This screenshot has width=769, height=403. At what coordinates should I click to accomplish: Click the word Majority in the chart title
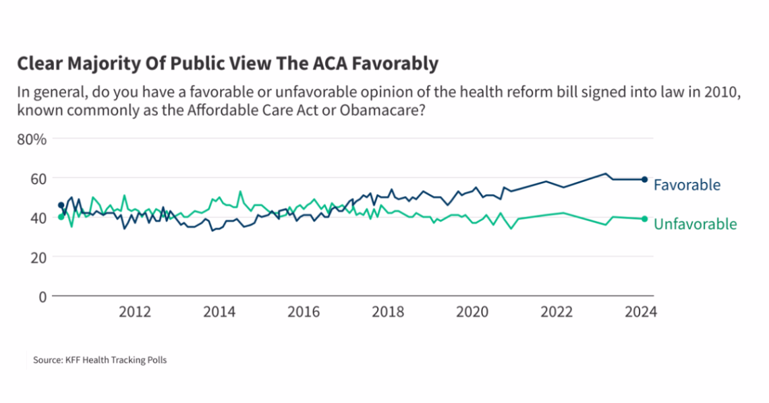point(92,64)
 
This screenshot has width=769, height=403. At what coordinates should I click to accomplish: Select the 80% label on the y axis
point(32,139)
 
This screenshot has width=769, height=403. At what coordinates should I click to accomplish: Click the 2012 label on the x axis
point(134,312)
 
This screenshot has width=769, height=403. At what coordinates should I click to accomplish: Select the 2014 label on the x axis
point(219,312)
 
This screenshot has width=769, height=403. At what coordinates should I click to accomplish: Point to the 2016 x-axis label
point(304,312)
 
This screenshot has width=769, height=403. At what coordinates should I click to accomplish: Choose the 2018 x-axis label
point(388,312)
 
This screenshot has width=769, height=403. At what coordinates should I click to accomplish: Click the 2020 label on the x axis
point(472,312)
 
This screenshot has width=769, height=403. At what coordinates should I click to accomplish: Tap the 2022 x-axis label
point(557,312)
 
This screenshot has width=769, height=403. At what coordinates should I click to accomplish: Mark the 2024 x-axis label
point(641,312)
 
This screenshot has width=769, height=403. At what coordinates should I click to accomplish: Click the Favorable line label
point(687,185)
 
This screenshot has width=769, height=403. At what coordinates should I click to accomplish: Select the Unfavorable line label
point(695,224)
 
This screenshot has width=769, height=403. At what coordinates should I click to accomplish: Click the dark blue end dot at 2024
point(644,179)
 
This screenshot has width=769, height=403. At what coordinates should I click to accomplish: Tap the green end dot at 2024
point(644,219)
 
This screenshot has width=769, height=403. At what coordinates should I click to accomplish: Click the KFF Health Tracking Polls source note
point(100,360)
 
